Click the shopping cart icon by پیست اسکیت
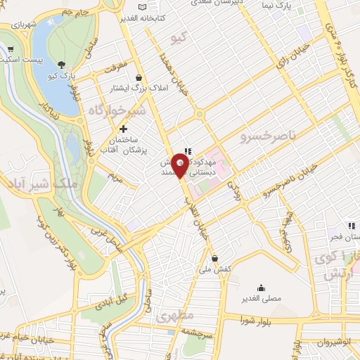click(11, 49)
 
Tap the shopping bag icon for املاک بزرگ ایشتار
click(139, 78)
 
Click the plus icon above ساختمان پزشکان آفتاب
click(124, 129)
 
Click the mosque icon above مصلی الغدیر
click(261, 287)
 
